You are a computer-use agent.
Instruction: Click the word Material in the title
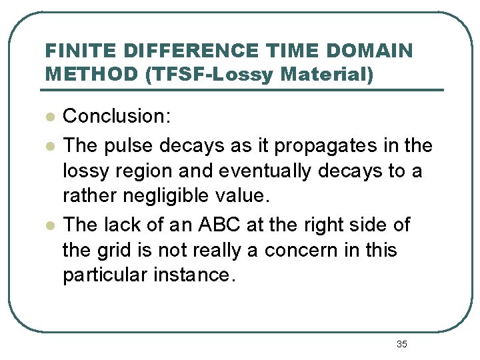327,74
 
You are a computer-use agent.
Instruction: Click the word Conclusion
117,117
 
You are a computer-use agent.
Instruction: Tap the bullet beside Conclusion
49,117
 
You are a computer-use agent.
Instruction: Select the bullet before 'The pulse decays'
49,145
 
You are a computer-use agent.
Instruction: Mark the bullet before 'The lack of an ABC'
49,225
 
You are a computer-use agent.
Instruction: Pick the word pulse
126,145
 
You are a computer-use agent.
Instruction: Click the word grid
116,251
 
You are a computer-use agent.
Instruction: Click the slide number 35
401,344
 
